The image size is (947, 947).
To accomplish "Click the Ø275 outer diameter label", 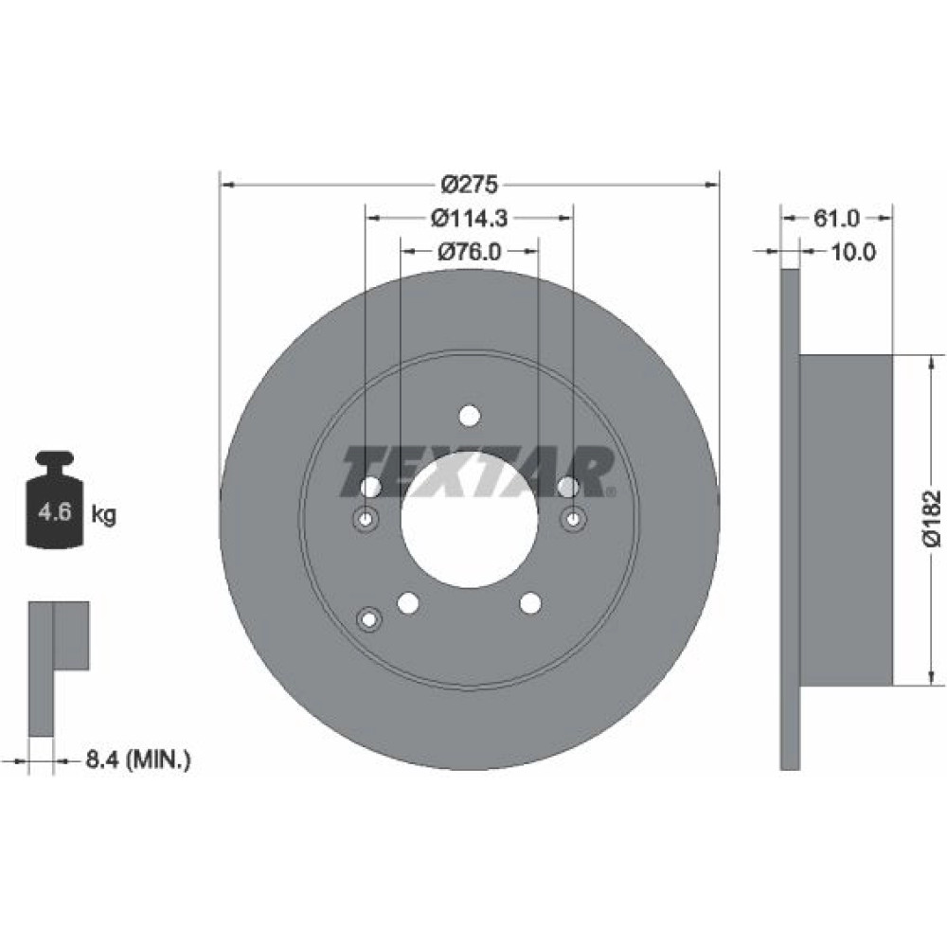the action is tap(470, 185).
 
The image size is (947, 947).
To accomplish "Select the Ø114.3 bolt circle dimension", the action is tap(470, 218).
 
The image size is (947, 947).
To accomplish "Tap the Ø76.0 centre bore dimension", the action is tap(470, 251).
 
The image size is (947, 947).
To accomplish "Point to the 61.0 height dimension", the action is tap(836, 218).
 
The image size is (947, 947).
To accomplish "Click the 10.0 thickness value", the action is tap(853, 252).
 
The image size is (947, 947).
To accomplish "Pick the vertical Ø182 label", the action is tap(932, 518).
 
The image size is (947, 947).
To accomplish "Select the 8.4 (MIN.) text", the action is tap(138, 759).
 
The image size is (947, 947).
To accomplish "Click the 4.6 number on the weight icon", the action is tap(55, 512).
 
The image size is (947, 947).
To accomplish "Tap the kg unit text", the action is tap(104, 514).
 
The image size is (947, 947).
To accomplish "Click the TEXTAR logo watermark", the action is tap(477, 472).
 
